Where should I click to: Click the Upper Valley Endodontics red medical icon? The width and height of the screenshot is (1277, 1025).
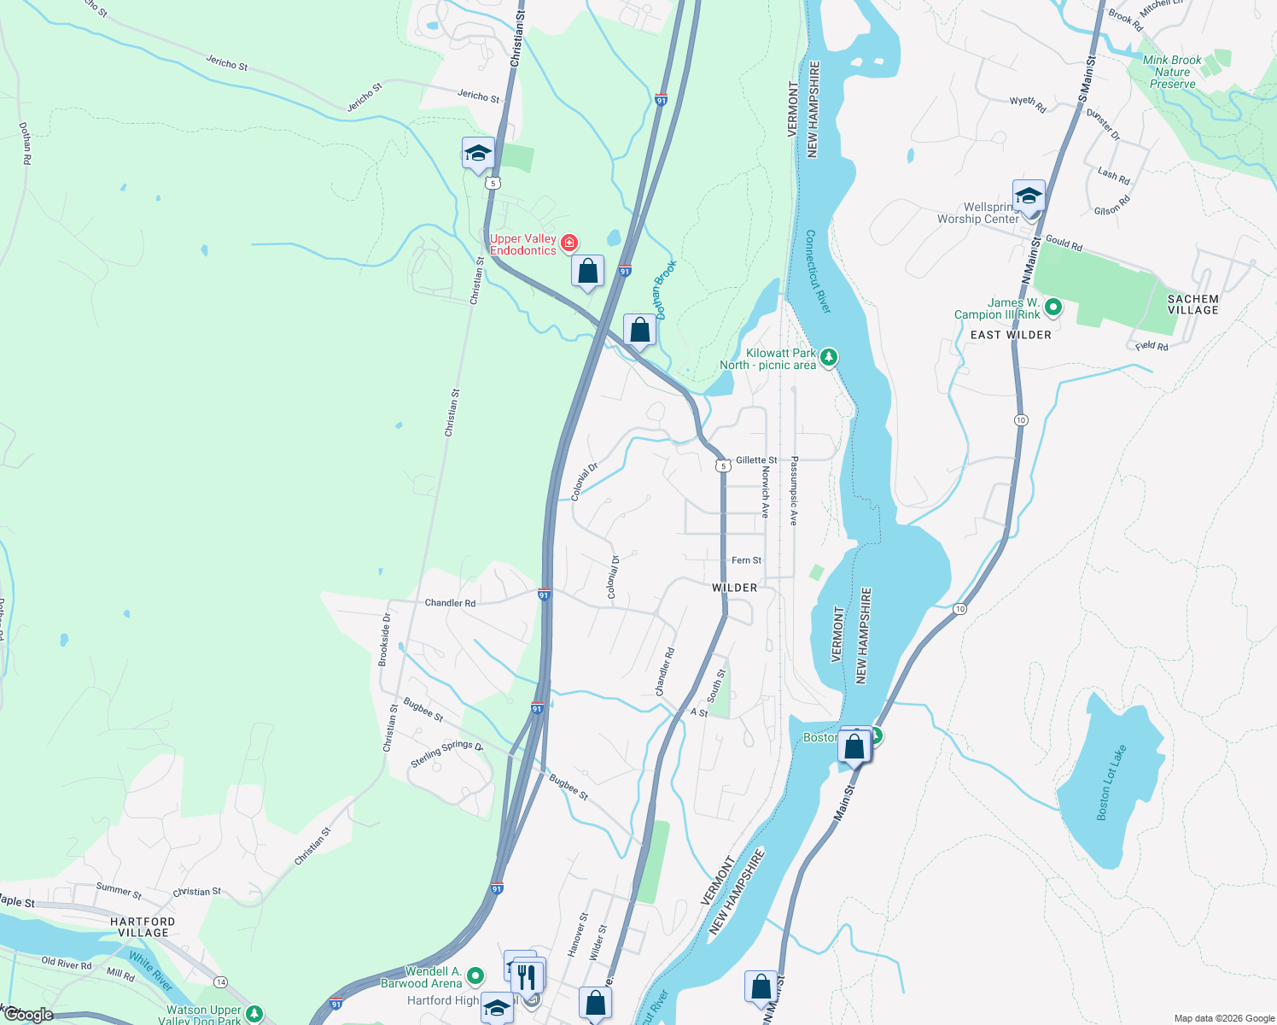click(x=569, y=243)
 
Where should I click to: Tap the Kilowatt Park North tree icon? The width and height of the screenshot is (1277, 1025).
click(x=828, y=355)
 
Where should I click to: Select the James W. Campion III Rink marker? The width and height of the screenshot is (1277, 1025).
click(x=1053, y=307)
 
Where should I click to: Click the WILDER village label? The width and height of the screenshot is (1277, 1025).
click(x=734, y=588)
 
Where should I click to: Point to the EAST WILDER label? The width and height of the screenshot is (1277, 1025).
click(x=1011, y=335)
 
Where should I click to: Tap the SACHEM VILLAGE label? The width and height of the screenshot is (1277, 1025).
click(x=1192, y=304)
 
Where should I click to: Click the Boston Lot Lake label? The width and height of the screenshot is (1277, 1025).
click(x=1111, y=783)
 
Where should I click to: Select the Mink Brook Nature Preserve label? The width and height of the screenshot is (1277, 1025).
click(x=1172, y=72)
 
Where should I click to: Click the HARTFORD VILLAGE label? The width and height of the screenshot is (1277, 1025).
click(x=143, y=927)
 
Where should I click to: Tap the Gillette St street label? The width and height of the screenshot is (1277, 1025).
click(x=756, y=460)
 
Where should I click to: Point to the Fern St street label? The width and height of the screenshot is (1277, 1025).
click(x=746, y=560)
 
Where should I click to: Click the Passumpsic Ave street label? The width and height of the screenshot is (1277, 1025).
click(x=794, y=490)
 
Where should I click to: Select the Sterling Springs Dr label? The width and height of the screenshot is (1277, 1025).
click(x=446, y=753)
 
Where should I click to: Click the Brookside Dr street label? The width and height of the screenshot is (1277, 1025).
click(x=385, y=639)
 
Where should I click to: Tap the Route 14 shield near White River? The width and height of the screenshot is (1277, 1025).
click(x=220, y=981)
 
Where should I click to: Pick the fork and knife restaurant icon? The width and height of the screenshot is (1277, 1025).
click(x=528, y=975)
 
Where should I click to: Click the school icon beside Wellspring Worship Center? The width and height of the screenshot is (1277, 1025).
click(x=1029, y=196)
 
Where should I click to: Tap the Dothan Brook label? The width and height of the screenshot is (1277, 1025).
click(x=664, y=290)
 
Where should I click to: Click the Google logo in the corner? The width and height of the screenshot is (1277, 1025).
click(x=28, y=1015)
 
